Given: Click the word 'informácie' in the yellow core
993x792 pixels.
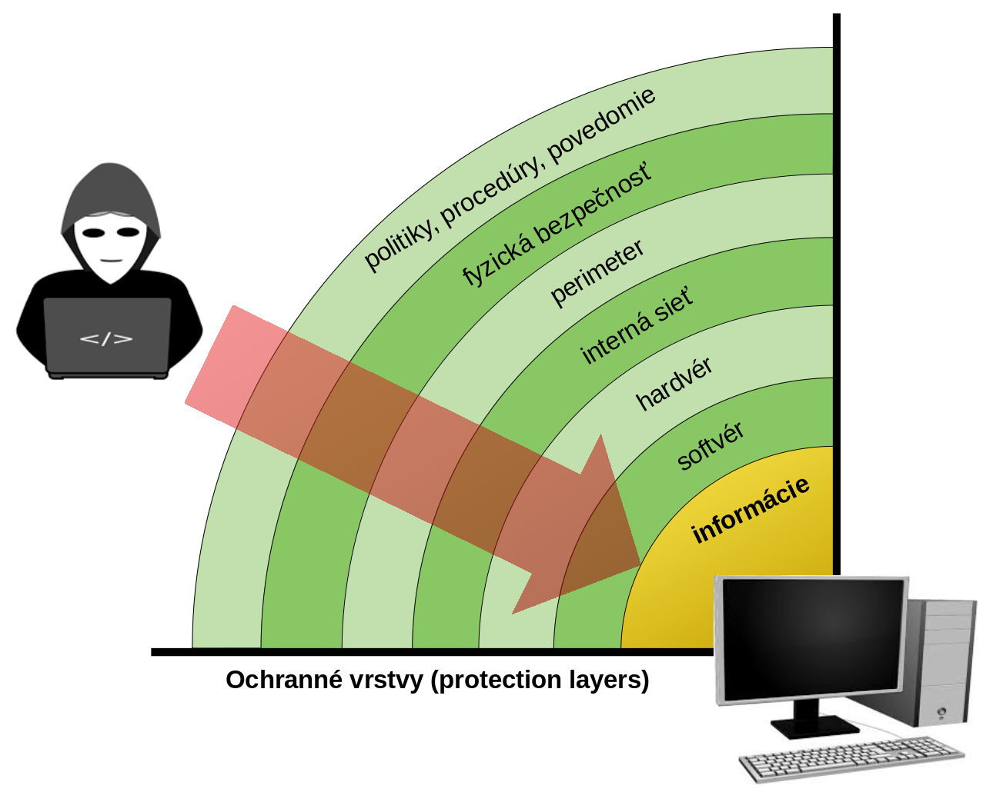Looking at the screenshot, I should pos(751,510).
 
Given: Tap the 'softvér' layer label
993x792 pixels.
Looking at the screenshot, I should pos(710,446).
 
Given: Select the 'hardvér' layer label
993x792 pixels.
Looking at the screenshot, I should pos(674,383).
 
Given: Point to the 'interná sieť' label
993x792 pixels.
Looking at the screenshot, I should pos(637,326).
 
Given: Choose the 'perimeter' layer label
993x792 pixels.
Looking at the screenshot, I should pos(597,273).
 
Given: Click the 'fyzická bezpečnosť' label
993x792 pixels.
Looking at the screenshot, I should pos(557,224).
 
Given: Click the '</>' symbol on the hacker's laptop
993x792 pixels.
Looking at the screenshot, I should pos(106,338).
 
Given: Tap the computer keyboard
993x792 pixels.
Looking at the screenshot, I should pos(851,757).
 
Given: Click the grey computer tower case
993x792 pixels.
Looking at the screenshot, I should pos(941,661).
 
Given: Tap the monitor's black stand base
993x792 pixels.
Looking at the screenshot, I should pos(814,725).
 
